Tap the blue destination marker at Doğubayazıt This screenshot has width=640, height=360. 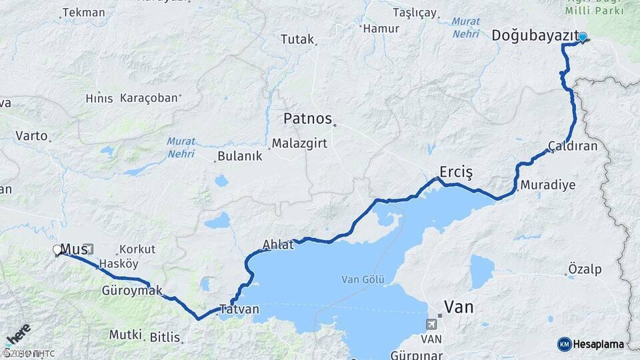tap(583, 37)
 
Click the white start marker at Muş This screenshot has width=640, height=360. tap(57, 250)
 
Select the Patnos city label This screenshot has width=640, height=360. tap(307, 119)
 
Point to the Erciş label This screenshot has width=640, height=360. tap(456, 173)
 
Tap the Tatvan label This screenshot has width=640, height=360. tap(239, 310)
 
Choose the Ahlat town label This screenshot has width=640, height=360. tap(278, 245)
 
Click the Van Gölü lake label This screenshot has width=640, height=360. tap(363, 279)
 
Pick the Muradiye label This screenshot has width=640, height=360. tap(548, 185)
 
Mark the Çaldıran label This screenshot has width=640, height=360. tap(573, 146)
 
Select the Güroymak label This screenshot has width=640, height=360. tap(132, 291)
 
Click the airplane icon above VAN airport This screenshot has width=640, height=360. tap(433, 325)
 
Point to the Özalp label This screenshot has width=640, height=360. tap(585, 269)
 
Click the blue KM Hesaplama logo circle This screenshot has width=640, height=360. tap(564, 344)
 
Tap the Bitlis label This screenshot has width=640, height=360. tap(165, 337)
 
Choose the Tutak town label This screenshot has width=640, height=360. tap(297, 39)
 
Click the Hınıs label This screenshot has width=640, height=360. tap(99, 98)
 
